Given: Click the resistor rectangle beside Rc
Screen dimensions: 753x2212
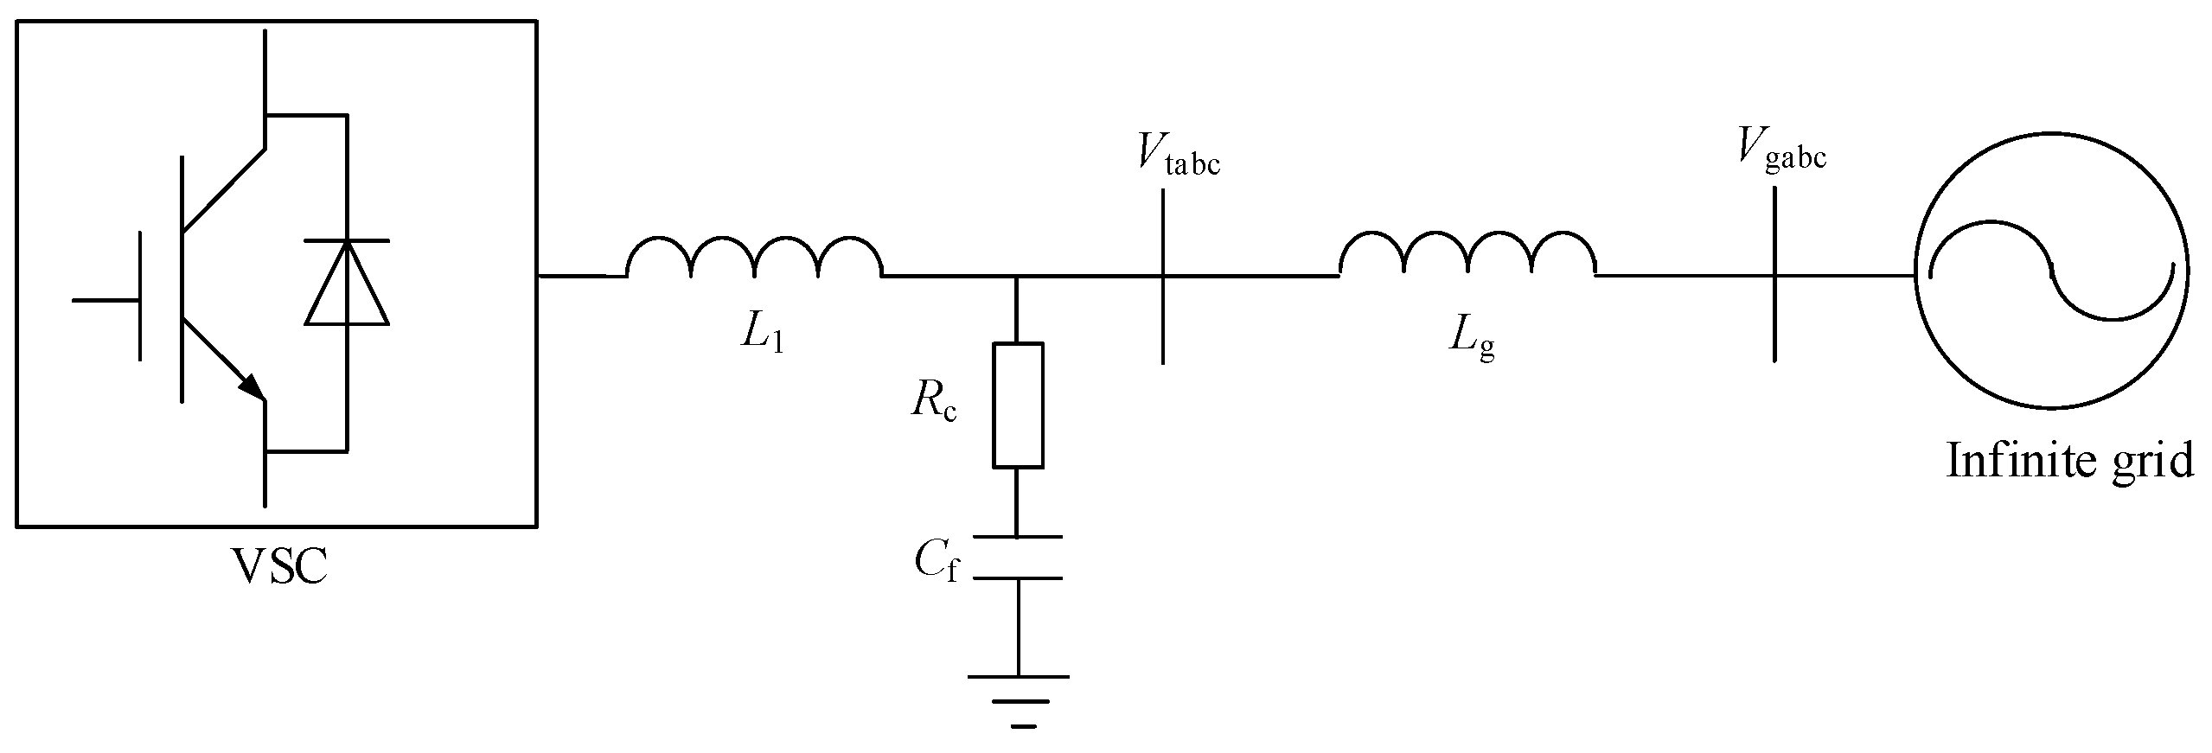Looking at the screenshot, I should [x=1018, y=405].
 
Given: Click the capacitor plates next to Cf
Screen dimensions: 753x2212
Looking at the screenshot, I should [x=1018, y=558].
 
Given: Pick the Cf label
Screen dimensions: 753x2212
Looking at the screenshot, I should [x=937, y=564].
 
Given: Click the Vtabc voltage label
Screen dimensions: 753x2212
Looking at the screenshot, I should [x=1179, y=156].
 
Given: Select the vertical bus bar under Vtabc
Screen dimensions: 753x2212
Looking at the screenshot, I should [x=1163, y=277].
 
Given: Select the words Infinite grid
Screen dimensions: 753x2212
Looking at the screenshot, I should [x=2069, y=462].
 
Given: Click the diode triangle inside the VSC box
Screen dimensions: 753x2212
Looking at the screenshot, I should [x=346, y=283].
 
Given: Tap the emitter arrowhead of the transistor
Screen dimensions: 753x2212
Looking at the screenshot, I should [x=252, y=386].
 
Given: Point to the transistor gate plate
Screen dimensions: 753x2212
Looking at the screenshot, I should [x=140, y=295].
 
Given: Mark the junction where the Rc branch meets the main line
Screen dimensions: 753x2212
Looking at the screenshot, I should [x=1018, y=277].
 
